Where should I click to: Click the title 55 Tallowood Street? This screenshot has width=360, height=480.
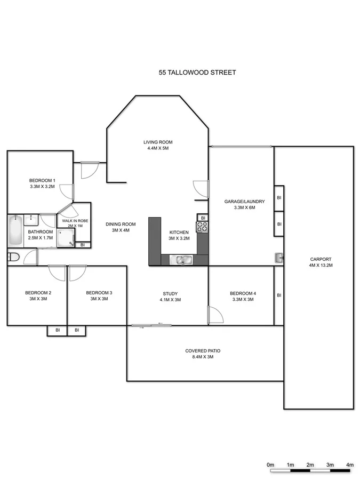[197, 73]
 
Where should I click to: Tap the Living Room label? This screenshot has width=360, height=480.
[158, 142]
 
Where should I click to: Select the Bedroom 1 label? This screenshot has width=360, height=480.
[43, 180]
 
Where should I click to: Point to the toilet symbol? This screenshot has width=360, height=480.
[14, 258]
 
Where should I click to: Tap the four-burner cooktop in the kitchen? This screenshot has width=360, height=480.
[202, 227]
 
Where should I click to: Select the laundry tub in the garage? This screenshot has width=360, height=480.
[279, 258]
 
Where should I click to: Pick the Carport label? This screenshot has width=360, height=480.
[321, 260]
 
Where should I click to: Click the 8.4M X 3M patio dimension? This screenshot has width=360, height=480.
[203, 358]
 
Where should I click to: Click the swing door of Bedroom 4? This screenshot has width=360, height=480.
[215, 315]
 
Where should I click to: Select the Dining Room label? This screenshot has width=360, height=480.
[121, 224]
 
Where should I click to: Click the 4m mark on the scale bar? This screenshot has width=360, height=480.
[349, 466]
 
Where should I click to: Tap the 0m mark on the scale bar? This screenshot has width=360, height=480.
[270, 466]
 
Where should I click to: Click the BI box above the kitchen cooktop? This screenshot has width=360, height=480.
[203, 218]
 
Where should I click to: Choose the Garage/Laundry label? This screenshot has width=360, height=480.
[244, 202]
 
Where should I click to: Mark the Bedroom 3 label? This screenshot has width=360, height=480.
[99, 293]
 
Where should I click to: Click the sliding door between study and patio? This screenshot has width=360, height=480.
[151, 325]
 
